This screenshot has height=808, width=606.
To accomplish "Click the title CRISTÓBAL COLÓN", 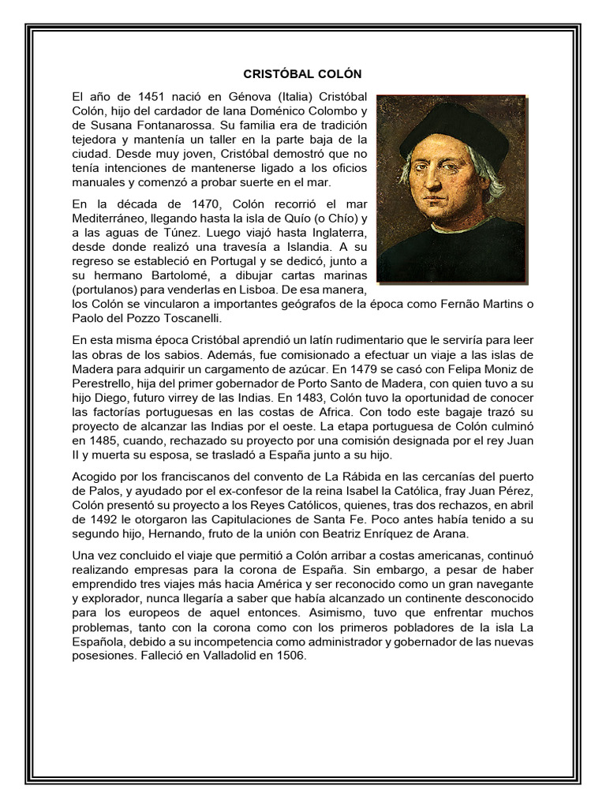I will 302,74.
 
